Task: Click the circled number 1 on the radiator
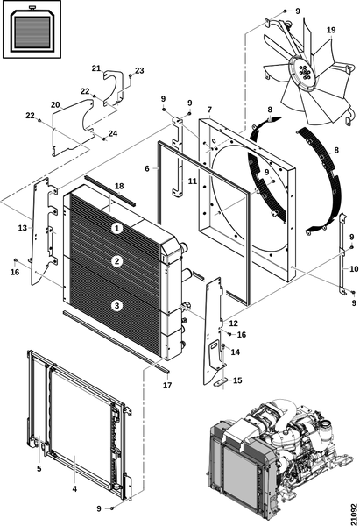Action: tap(117, 229)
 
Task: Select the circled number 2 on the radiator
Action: tap(117, 261)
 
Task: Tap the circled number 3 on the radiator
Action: tap(117, 306)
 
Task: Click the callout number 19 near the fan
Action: tap(331, 30)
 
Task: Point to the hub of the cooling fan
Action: tap(304, 73)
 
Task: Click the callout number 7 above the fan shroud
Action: tap(209, 110)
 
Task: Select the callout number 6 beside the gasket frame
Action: tap(147, 168)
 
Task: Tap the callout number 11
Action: tap(192, 181)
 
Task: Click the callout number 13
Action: tap(23, 228)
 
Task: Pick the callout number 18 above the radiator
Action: tap(119, 186)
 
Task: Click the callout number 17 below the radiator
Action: tap(167, 386)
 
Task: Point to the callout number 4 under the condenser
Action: tap(74, 489)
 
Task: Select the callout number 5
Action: tap(39, 468)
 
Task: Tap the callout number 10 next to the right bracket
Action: tap(354, 269)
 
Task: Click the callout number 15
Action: tap(237, 380)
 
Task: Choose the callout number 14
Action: tap(236, 352)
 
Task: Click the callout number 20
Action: tap(55, 105)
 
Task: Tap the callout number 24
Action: tap(113, 133)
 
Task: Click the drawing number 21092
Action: tap(354, 513)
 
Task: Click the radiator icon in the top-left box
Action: tap(32, 30)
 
